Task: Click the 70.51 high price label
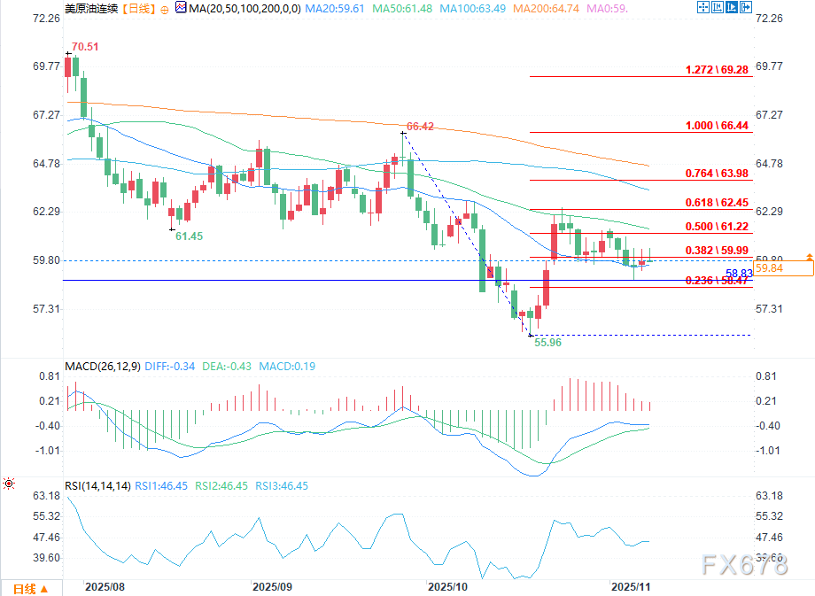tap(85, 46)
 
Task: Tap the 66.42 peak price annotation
tap(420, 127)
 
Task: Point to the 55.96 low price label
tap(547, 343)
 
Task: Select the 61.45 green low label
tap(189, 236)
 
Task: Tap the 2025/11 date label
tap(632, 586)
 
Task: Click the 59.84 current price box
tap(787, 268)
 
